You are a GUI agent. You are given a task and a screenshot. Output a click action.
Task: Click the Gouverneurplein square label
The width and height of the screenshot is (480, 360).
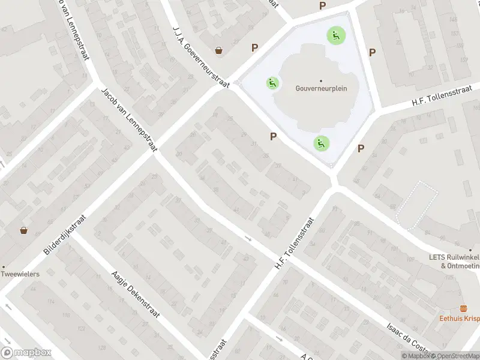pyautogui.click(x=321, y=88)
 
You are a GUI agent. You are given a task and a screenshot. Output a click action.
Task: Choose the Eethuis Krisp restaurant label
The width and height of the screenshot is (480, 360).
pyautogui.click(x=459, y=318)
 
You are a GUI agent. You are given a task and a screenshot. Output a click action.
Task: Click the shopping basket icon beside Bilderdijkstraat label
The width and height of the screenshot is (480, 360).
pyautogui.click(x=23, y=230)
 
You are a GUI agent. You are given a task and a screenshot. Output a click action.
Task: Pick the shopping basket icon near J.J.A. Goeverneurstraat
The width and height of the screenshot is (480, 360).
pyautogui.click(x=219, y=50)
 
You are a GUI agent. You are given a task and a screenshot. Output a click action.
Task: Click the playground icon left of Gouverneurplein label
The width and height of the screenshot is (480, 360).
pyautogui.click(x=272, y=83)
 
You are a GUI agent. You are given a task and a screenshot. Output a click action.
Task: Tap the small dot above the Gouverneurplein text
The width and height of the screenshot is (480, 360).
pyautogui.click(x=321, y=80)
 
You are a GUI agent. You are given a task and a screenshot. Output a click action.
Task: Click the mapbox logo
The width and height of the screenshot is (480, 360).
pyautogui.click(x=26, y=353)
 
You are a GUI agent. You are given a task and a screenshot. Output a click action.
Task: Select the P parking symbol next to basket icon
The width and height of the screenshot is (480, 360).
pyautogui.click(x=255, y=47)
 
